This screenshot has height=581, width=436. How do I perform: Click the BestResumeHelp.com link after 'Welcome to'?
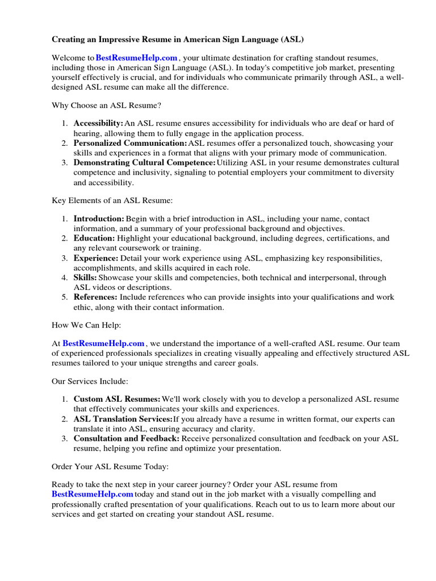[137, 58]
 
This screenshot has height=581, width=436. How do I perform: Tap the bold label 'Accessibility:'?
[98, 123]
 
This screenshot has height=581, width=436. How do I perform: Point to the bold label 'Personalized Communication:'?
[130, 144]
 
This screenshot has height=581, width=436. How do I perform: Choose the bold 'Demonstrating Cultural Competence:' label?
[144, 163]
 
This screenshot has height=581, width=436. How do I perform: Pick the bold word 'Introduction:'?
[99, 218]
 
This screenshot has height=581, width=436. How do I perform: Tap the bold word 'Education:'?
[94, 238]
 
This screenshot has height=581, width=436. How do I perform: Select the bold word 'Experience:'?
[96, 258]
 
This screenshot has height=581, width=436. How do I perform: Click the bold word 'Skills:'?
[85, 278]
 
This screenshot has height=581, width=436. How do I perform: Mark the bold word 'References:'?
[95, 297]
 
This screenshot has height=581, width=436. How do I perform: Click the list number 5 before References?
[65, 297]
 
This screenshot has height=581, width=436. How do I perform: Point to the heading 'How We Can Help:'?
[86, 325]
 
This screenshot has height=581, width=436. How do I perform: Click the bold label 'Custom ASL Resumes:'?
[117, 399]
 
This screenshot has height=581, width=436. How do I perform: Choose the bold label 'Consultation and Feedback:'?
[127, 439]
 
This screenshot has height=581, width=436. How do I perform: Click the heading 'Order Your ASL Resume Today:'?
[110, 466]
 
